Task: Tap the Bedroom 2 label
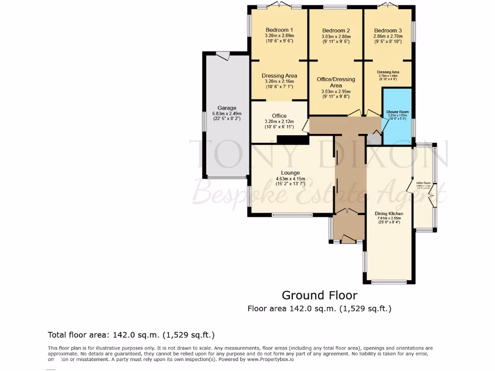click(x=335, y=30)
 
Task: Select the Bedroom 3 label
click(x=388, y=30)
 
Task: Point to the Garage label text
click(x=227, y=108)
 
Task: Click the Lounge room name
click(x=291, y=172)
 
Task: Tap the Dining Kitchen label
click(x=389, y=213)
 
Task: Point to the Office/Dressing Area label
click(x=335, y=82)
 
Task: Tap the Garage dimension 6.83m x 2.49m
click(x=227, y=114)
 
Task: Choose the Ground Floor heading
click(x=320, y=295)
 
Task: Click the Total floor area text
click(x=131, y=335)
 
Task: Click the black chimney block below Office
click(x=292, y=140)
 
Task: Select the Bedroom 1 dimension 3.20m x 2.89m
click(x=279, y=36)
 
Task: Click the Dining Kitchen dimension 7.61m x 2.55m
click(x=389, y=218)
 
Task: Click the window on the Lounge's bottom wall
click(x=291, y=214)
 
